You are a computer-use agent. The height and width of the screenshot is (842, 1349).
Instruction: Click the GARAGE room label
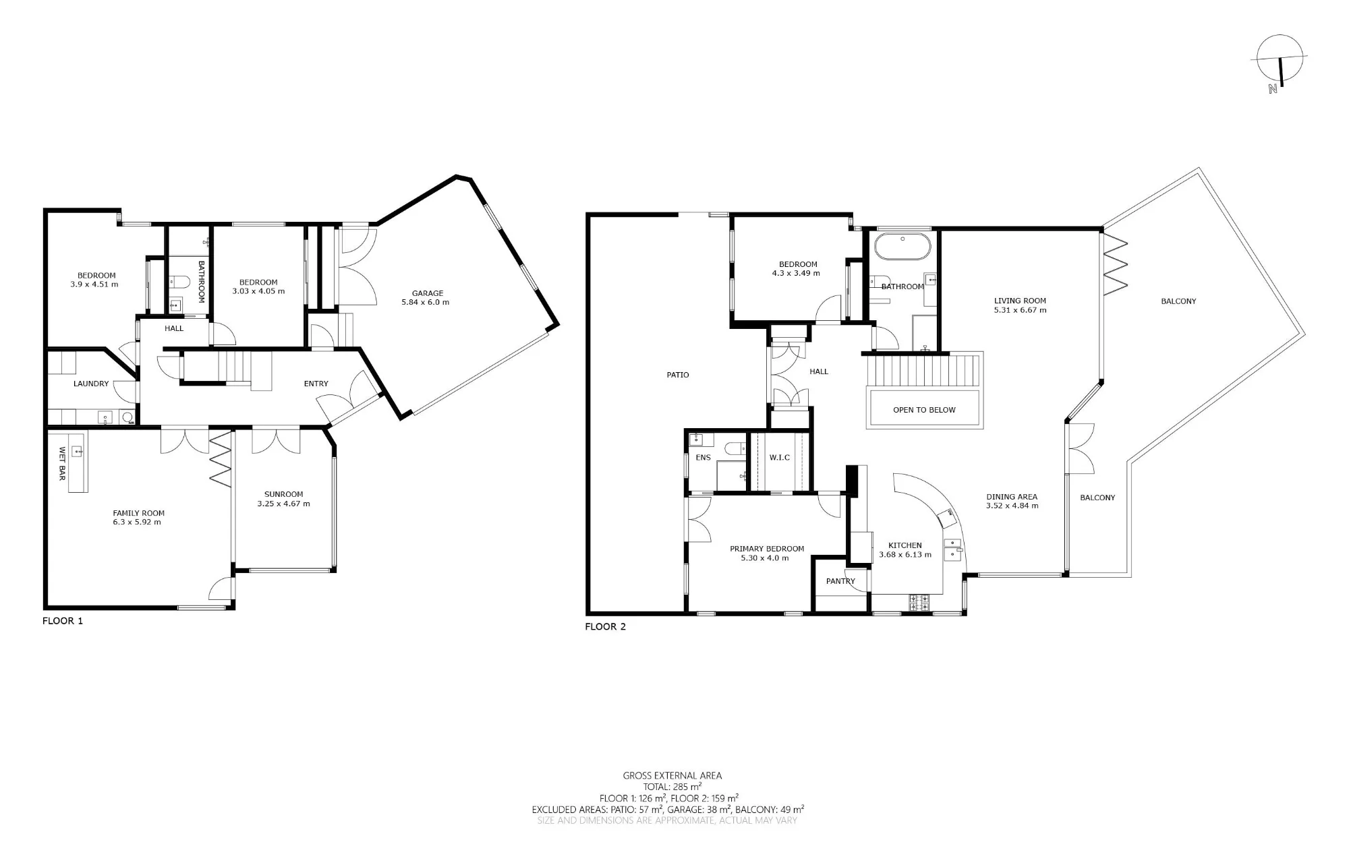(428, 293)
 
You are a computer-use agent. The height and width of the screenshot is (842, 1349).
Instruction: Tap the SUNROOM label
(283, 494)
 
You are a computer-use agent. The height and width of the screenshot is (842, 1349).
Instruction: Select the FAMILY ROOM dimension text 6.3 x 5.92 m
(138, 522)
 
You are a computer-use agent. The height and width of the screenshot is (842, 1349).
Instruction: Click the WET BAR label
(62, 464)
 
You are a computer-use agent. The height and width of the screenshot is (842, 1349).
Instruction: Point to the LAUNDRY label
(91, 384)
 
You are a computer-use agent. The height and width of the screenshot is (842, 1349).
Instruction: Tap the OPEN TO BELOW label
(924, 410)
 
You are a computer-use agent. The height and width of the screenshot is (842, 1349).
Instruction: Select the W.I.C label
(780, 458)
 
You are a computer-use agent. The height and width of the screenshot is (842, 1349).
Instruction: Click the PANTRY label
(840, 581)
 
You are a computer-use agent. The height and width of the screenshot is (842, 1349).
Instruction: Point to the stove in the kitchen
(920, 603)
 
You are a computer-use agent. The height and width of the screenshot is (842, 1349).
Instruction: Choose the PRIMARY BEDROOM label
(767, 549)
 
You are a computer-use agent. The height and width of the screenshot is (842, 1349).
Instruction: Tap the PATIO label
(678, 375)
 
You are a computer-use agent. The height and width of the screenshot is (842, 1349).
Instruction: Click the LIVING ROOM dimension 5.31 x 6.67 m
(1020, 310)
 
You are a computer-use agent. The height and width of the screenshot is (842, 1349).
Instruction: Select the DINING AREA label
(1011, 497)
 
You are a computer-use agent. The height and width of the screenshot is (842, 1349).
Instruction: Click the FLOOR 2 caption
(605, 627)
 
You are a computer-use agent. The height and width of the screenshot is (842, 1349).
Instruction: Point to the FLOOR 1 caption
(63, 621)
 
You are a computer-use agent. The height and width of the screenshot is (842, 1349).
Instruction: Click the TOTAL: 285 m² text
(672, 787)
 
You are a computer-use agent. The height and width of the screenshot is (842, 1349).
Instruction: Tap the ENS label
(704, 458)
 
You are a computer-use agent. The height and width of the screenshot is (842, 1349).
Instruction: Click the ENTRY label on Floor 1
(316, 384)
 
